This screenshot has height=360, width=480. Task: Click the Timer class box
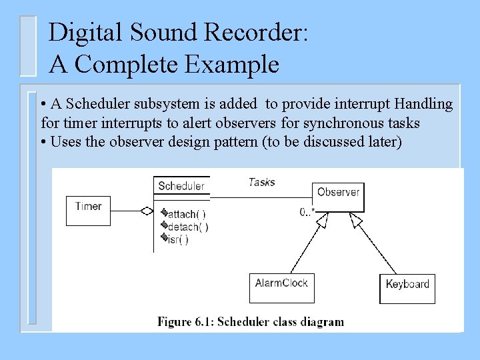pos(88,208)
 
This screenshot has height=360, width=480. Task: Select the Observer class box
pos(338,194)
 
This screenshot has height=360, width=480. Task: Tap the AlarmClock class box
pos(281,287)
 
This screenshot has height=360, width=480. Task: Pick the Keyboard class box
pos(407,287)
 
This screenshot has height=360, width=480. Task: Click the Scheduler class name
pos(181,186)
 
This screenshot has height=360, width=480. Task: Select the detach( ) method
pos(187,227)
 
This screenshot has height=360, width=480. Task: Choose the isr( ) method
pos(177,239)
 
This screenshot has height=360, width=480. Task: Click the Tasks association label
pos(261,181)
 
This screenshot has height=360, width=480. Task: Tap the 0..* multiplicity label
pos(307,212)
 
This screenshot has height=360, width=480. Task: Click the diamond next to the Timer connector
pos(147,211)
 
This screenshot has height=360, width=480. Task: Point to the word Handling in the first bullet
pos(424,105)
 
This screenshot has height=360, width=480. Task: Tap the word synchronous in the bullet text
pos(341,123)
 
